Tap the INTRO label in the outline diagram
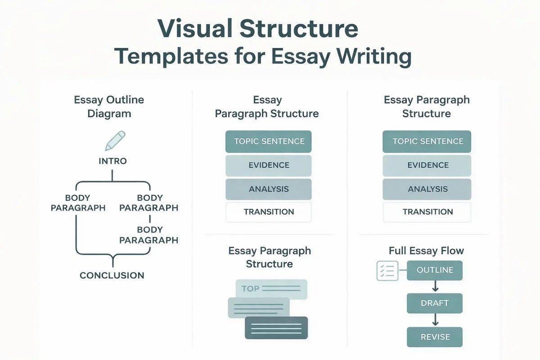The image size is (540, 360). (112, 161)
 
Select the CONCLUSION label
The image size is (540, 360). (112, 275)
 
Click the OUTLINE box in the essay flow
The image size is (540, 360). (435, 270)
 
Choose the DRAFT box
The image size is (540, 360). (435, 303)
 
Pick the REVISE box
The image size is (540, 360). (435, 337)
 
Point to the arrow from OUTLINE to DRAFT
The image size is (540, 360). (435, 287)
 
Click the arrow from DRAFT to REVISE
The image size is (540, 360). (435, 320)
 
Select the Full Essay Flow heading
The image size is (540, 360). (426, 250)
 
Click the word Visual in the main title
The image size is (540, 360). (194, 28)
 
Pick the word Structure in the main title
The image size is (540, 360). (299, 28)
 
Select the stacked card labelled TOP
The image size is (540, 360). (271, 289)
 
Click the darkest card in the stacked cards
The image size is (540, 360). (276, 328)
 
